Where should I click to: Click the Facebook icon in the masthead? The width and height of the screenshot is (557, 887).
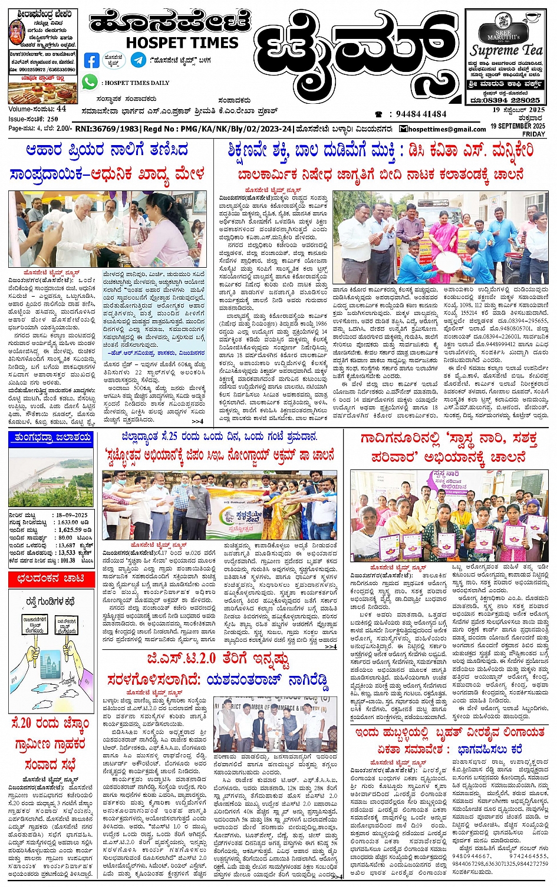(x=92, y=60)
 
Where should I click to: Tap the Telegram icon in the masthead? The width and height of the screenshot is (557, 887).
(x=139, y=60)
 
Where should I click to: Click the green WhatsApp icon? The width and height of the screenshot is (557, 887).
(x=90, y=83)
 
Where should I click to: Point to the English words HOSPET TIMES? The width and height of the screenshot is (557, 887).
(x=182, y=43)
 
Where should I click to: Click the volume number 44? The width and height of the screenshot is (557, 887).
(x=61, y=109)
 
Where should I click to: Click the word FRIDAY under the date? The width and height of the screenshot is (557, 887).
(x=533, y=134)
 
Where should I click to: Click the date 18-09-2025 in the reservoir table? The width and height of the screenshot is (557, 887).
(x=72, y=515)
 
